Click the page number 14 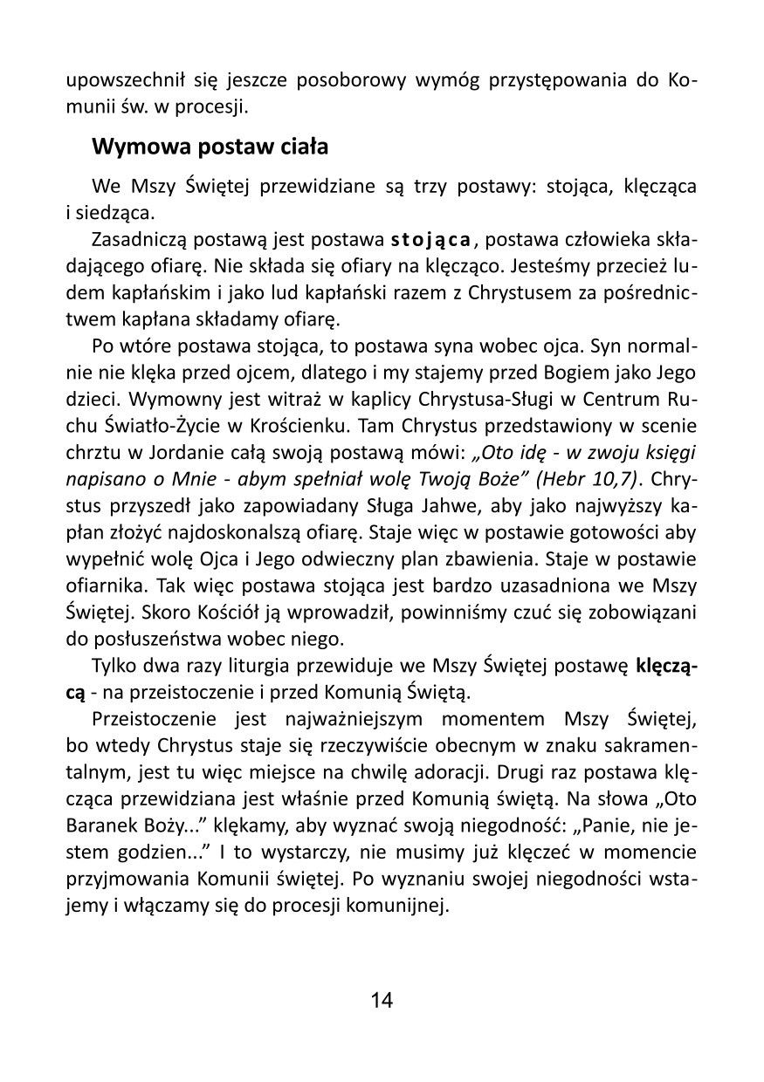(382, 999)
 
